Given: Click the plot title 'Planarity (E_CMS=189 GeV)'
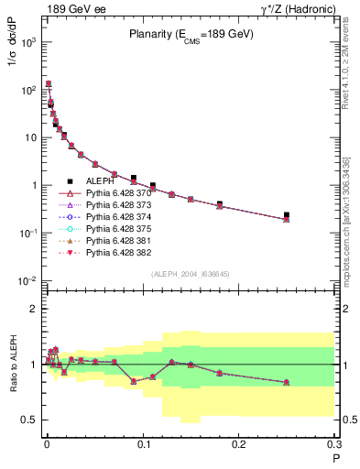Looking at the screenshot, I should point(191,35).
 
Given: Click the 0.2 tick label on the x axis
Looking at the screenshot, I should point(238,444).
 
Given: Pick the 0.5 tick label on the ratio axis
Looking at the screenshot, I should point(28,420).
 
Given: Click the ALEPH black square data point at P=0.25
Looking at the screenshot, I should point(287,215).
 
